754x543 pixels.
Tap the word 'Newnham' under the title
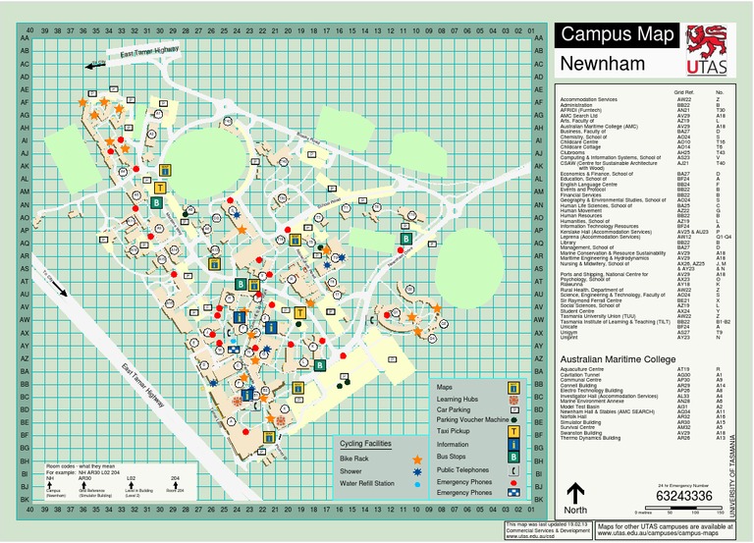pyautogui.click(x=602, y=65)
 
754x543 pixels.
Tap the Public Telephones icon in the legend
pyautogui.click(x=513, y=469)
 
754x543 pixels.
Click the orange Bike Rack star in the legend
pyautogui.click(x=418, y=459)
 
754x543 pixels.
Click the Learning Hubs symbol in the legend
pyautogui.click(x=513, y=400)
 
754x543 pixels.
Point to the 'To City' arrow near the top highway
pyautogui.click(x=96, y=66)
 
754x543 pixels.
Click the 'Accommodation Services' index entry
pyautogui.click(x=589, y=99)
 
